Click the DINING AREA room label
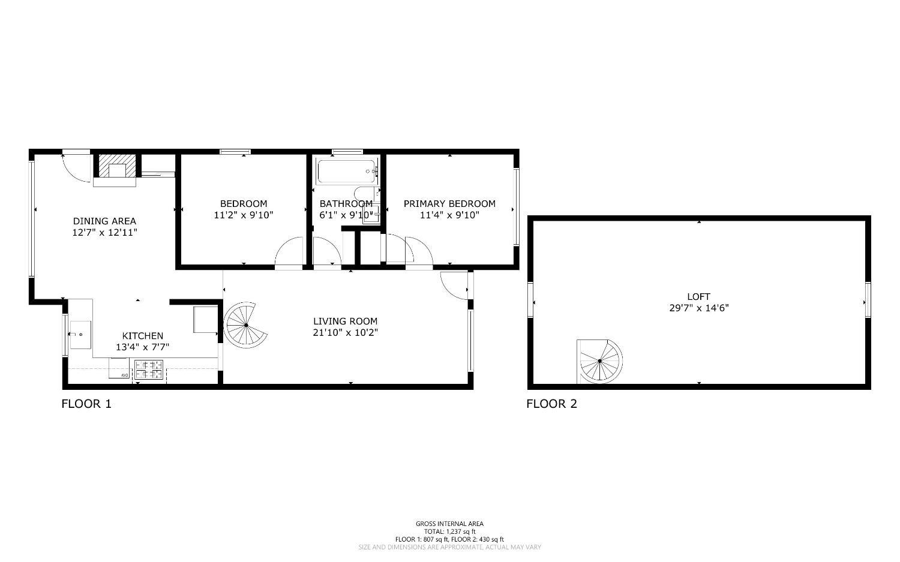[104, 221]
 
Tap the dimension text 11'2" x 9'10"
[243, 215]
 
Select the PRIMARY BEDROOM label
[449, 203]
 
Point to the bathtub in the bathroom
[347, 172]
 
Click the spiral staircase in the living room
[245, 326]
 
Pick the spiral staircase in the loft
[599, 361]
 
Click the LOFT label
[698, 296]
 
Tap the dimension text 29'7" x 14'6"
[698, 308]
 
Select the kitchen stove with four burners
[149, 369]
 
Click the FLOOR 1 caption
[86, 404]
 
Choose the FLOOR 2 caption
[551, 404]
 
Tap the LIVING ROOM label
[345, 321]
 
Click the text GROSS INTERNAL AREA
[449, 524]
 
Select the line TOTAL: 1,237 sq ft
[449, 531]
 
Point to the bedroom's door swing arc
[290, 252]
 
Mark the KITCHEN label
[142, 336]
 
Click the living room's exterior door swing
[454, 284]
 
